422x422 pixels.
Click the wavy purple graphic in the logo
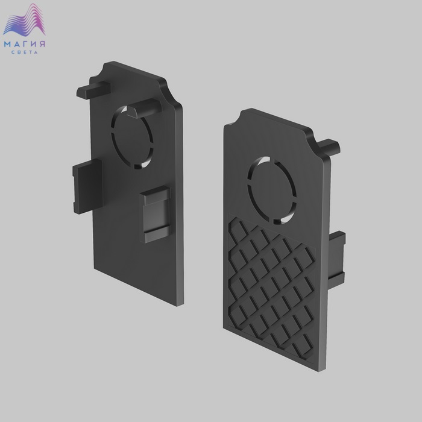(x=25, y=20)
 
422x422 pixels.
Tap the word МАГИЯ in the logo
(x=25, y=44)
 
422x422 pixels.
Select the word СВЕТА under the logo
(x=25, y=52)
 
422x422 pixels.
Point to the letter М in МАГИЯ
(x=7, y=44)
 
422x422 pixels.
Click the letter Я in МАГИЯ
(x=42, y=44)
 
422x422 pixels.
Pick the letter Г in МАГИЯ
(x=25, y=44)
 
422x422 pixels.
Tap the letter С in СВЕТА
(x=13, y=52)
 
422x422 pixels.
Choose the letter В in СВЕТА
(x=19, y=52)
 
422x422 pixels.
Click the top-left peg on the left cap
(x=93, y=90)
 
